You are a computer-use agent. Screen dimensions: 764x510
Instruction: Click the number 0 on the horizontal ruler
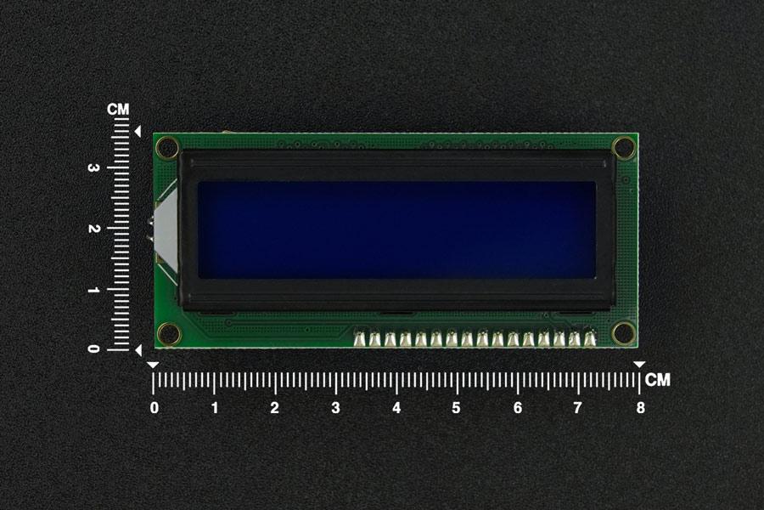pyautogui.click(x=154, y=407)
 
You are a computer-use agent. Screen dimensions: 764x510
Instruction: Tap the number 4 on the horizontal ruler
pyautogui.click(x=396, y=407)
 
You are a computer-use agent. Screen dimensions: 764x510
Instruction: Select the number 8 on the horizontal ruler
pyautogui.click(x=640, y=407)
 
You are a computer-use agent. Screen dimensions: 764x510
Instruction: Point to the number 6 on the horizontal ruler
pyautogui.click(x=518, y=407)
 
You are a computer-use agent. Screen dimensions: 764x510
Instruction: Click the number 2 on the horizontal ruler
pyautogui.click(x=275, y=407)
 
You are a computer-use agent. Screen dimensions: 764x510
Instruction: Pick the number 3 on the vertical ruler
pyautogui.click(x=93, y=168)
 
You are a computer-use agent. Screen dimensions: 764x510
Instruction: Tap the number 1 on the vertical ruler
pyautogui.click(x=93, y=290)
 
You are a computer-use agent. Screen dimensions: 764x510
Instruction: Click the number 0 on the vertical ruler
pyautogui.click(x=93, y=348)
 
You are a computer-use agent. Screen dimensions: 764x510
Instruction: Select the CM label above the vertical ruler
pyautogui.click(x=118, y=110)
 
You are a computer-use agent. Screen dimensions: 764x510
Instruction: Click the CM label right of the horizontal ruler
pyautogui.click(x=658, y=380)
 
